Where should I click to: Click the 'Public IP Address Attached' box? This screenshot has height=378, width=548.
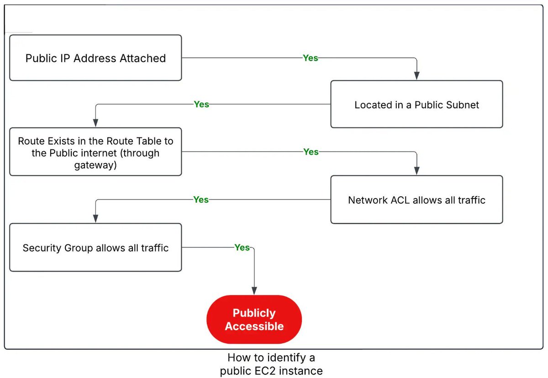[x=95, y=58]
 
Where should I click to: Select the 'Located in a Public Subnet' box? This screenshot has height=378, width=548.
[x=416, y=105]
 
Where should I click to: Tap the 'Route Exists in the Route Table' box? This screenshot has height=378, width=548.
[x=95, y=152]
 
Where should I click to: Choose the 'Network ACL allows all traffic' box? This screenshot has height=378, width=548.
[x=416, y=200]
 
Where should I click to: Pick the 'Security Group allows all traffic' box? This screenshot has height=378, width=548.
[x=95, y=248]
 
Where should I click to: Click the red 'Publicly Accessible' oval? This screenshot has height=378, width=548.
[x=254, y=320]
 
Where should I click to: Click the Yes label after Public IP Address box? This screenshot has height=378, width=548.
[x=311, y=58]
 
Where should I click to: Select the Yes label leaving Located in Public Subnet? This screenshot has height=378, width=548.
[x=201, y=105]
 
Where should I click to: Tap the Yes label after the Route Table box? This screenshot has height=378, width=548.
[x=311, y=152]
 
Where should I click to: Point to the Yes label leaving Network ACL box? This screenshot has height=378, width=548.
[x=201, y=200]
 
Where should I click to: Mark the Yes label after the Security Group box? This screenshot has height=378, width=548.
[x=242, y=247]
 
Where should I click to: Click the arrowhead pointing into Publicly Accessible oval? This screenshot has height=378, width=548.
[x=254, y=291]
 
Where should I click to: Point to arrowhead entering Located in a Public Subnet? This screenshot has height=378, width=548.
[x=416, y=76]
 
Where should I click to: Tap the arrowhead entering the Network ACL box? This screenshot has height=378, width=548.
[x=416, y=171]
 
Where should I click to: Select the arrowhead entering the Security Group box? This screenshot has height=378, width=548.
[x=95, y=219]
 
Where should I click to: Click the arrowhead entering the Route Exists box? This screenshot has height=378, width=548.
[x=95, y=123]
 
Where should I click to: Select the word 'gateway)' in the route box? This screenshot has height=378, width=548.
[x=95, y=165]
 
